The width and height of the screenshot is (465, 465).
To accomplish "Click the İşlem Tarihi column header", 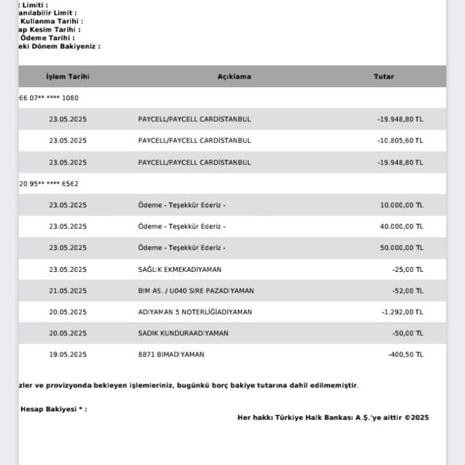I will pyautogui.click(x=68, y=77).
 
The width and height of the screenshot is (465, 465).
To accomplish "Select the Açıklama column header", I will pyautogui.click(x=234, y=77).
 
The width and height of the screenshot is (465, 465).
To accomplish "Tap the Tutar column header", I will pyautogui.click(x=383, y=77).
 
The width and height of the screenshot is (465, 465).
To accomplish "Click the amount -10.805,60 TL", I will pyautogui.click(x=400, y=140).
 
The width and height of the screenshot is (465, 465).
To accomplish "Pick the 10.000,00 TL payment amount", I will pyautogui.click(x=401, y=205).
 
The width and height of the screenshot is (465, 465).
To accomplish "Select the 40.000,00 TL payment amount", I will pyautogui.click(x=401, y=226).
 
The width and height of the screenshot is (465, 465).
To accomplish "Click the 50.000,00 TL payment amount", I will pyautogui.click(x=401, y=248).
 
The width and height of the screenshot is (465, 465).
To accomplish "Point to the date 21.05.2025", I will pyautogui.click(x=68, y=291).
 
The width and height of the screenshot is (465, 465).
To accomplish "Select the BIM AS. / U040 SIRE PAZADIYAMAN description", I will pyautogui.click(x=196, y=291).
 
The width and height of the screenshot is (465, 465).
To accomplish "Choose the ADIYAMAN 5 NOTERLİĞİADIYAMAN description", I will pyautogui.click(x=195, y=312).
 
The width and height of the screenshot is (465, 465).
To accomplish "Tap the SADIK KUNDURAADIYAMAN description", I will pyautogui.click(x=183, y=333).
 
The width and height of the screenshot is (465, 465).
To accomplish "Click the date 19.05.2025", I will pyautogui.click(x=68, y=354).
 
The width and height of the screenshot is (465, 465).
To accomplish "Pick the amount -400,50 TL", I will pyautogui.click(x=405, y=354).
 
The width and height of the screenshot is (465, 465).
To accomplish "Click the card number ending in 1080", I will pyautogui.click(x=49, y=97).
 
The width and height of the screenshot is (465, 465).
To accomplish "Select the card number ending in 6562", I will pyautogui.click(x=49, y=183).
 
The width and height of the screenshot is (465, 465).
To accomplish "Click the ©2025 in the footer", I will pyautogui.click(x=417, y=417).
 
